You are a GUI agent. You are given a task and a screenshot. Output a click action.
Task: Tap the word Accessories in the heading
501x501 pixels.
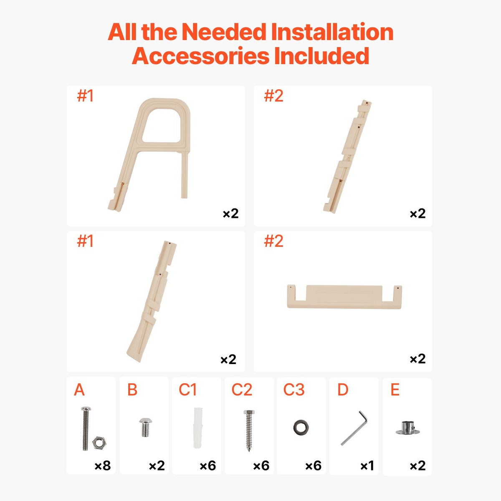tap(200, 56)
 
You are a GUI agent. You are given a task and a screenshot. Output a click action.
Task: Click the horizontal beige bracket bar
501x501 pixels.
tap(344, 297)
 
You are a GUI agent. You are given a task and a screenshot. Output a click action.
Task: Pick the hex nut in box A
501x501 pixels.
tap(99, 442)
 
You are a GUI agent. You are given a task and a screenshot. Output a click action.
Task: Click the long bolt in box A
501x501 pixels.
tap(86, 428)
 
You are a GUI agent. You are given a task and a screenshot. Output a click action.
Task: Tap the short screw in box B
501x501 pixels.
tap(146, 427)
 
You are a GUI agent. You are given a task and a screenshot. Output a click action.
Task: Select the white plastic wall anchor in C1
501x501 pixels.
tap(197, 428)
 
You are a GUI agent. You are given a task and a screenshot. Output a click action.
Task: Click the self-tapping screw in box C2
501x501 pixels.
tap(249, 430)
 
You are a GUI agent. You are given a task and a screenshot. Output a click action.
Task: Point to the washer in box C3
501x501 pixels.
tap(301, 427)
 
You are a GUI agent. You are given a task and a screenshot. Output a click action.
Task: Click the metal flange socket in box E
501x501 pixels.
tap(407, 428)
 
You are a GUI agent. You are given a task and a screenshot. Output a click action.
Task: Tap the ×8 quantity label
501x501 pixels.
tap(102, 466)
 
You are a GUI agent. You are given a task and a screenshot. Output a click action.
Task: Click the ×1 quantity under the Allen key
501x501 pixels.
tap(367, 466)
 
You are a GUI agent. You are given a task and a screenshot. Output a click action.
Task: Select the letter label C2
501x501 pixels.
tap(242, 390)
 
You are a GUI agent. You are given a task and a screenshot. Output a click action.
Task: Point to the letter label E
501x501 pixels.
tap(395, 390)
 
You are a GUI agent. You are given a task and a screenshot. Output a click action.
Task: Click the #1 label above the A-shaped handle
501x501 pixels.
tap(85, 96)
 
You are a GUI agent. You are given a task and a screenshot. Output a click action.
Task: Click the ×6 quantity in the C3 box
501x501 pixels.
tap(313, 466)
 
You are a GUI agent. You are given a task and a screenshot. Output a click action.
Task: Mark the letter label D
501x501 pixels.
tap(343, 390)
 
